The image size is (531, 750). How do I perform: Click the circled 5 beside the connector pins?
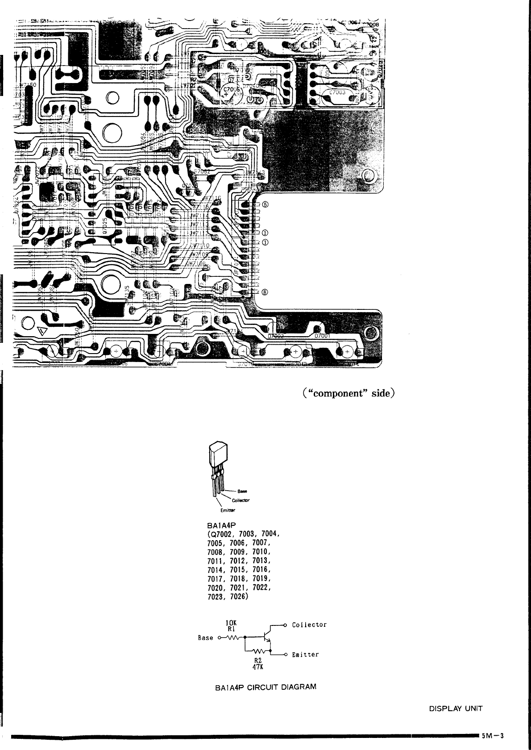[265, 205]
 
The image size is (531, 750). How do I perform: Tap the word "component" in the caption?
[339, 394]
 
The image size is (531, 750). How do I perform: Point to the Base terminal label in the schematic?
[206, 637]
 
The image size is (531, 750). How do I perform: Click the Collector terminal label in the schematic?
[309, 625]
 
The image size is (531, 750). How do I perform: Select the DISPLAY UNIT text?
[456, 708]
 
